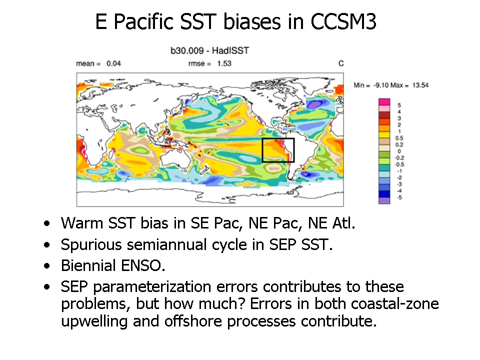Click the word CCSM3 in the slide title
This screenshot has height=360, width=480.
343,21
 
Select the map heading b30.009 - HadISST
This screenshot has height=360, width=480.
209,50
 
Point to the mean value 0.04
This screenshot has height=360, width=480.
113,63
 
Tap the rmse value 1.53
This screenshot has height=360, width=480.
224,63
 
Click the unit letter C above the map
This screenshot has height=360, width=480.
341,63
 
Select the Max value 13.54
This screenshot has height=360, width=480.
420,85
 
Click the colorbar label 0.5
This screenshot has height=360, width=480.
399,138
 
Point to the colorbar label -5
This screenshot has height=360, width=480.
399,197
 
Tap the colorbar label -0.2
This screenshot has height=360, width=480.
399,158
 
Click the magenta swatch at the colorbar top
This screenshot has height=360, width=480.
384,102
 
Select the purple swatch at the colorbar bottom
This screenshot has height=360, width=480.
384,200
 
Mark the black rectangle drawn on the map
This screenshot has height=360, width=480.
278,138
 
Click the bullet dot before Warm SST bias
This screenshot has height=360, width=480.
47,223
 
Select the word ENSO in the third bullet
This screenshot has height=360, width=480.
143,265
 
